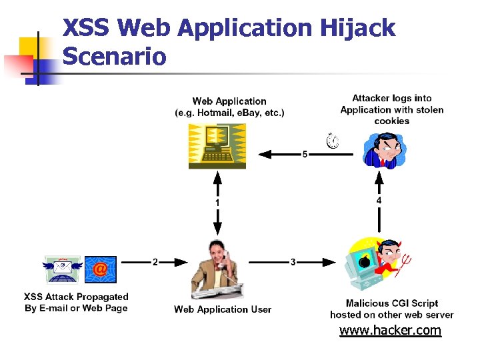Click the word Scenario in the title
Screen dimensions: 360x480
[x=114, y=56]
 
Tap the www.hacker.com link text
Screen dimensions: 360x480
[x=390, y=330]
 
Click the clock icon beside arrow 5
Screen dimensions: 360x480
[x=332, y=141]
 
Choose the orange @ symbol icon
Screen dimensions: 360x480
[x=100, y=269]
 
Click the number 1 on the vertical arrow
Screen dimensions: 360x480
[x=217, y=201]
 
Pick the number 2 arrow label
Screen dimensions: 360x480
[x=155, y=262]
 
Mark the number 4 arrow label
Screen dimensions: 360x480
[x=379, y=199]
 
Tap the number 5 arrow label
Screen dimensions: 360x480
[x=305, y=154]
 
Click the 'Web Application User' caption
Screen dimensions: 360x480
[x=223, y=309]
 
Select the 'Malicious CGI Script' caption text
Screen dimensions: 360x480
[x=391, y=303]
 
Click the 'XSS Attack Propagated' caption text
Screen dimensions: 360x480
[x=76, y=297]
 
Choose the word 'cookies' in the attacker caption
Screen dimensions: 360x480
[x=391, y=121]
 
